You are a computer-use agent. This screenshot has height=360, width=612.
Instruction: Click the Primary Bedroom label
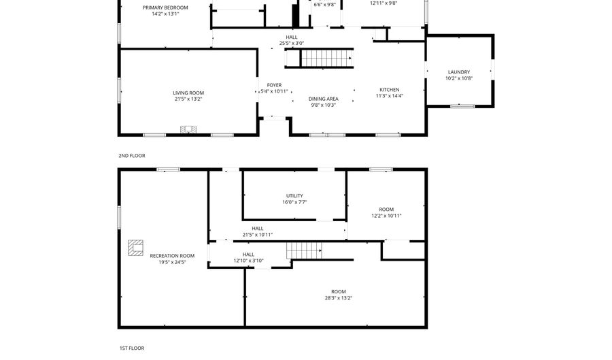click(165, 7)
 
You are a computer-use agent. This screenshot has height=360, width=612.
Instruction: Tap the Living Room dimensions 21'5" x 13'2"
click(188, 99)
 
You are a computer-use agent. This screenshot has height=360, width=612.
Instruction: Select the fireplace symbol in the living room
click(188, 129)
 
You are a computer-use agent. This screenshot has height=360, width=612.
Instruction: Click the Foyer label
click(274, 85)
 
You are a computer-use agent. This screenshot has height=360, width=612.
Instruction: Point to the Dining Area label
click(324, 99)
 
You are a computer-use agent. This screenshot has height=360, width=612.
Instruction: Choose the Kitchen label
click(390, 90)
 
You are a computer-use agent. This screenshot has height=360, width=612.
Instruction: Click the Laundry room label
click(458, 72)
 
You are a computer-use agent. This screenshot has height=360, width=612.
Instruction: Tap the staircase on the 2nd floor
click(326, 59)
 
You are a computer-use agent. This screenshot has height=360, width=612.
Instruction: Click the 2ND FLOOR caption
click(132, 156)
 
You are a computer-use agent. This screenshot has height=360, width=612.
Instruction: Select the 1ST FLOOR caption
click(131, 348)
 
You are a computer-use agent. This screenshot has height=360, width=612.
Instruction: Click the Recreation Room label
click(172, 256)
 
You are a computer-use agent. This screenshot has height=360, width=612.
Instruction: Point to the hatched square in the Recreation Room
click(135, 247)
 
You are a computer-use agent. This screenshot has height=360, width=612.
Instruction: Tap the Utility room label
click(294, 196)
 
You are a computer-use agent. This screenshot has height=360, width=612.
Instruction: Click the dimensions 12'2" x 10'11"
click(386, 216)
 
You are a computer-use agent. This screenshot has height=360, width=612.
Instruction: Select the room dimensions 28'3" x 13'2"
click(338, 297)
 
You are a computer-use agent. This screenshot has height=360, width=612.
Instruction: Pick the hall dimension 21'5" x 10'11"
click(258, 235)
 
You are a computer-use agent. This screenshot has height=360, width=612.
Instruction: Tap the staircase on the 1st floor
click(303, 251)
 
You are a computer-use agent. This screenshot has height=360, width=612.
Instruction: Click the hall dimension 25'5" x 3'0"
click(292, 44)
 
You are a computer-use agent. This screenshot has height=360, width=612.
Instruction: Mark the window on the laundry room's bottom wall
click(462, 106)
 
